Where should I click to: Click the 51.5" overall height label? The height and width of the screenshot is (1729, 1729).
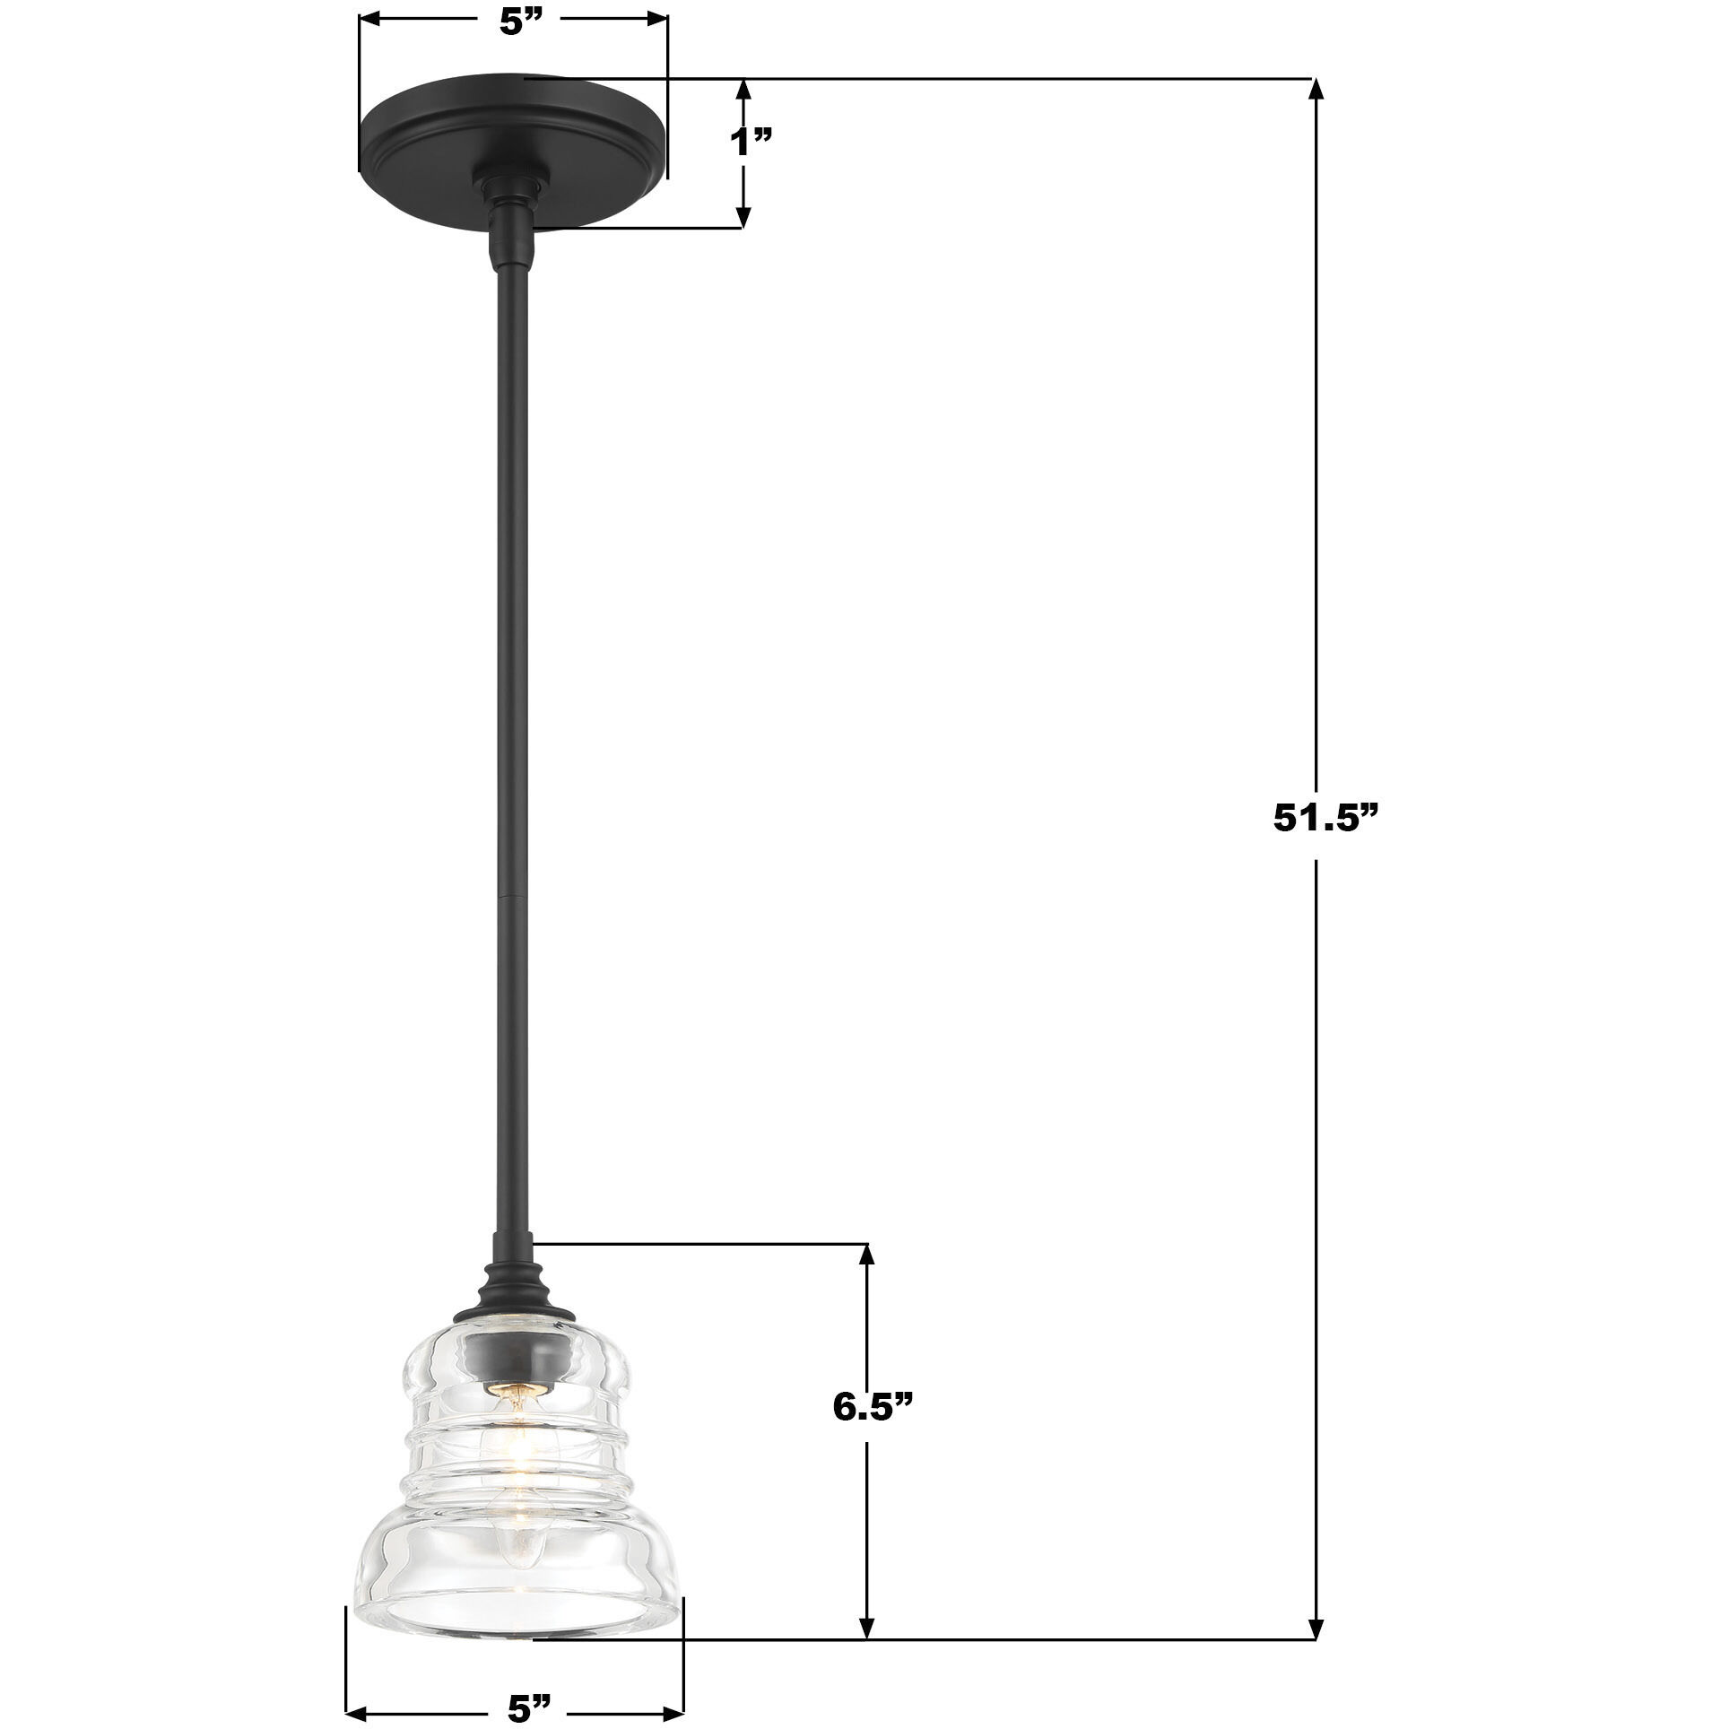[1324, 818]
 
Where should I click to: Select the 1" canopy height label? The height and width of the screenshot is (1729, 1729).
[751, 142]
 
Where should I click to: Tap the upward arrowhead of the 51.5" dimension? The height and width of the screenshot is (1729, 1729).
[1316, 91]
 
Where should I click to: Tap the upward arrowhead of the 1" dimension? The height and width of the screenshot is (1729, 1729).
[743, 90]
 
